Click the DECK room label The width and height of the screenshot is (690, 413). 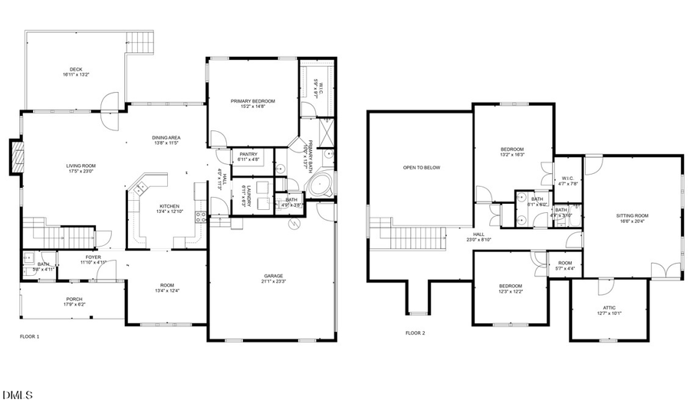[76, 69]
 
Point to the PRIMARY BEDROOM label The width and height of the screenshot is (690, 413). [253, 101]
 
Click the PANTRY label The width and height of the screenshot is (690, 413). [248, 154]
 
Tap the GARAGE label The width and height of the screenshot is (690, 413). [274, 276]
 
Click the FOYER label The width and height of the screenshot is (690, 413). [93, 257]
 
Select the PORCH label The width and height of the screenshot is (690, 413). [74, 299]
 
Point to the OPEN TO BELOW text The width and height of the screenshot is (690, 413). [422, 167]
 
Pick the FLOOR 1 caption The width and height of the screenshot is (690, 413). [29, 336]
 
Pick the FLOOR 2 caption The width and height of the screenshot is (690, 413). [415, 333]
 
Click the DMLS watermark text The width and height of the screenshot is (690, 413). [18, 395]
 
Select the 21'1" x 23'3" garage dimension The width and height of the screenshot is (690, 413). [274, 282]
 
